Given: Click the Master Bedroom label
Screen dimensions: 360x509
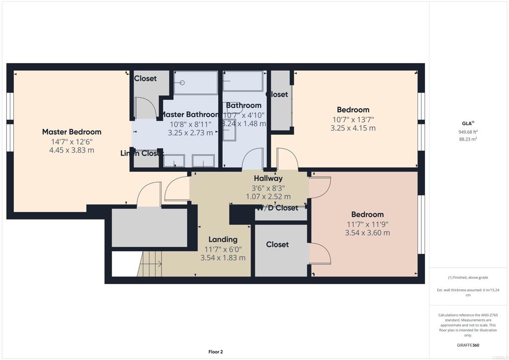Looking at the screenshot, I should [x=72, y=132].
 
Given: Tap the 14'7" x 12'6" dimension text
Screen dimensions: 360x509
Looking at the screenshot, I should [x=72, y=141].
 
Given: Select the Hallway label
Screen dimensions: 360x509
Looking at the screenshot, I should [x=268, y=178].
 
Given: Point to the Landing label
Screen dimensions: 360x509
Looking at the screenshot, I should [x=223, y=239].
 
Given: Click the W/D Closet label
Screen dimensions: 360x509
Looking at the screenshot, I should [x=278, y=208].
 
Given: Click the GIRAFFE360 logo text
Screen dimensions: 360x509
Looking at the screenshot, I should [x=468, y=345].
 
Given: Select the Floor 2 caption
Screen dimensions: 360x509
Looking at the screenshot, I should [x=215, y=352].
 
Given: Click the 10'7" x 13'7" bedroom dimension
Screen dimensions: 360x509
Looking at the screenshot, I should [x=353, y=119].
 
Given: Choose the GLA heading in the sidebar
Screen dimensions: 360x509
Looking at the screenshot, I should [x=467, y=123].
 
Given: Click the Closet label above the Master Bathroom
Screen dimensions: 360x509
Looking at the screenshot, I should [x=145, y=78].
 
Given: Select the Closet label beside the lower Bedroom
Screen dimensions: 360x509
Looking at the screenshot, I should [x=277, y=244].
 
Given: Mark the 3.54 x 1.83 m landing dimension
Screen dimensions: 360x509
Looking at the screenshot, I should [x=223, y=258].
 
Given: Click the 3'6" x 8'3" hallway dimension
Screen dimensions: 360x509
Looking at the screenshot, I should [x=268, y=187].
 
